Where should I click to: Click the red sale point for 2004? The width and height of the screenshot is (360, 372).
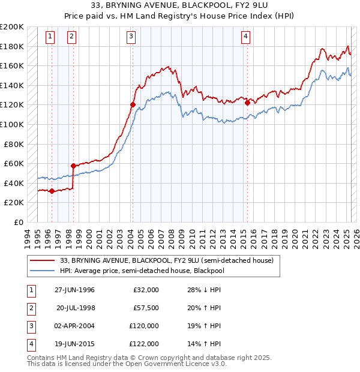click(133, 104)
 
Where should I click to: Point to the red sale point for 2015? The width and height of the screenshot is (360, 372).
click(247, 103)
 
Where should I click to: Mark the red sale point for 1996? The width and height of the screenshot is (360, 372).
click(52, 191)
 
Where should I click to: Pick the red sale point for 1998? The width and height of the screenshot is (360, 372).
click(73, 166)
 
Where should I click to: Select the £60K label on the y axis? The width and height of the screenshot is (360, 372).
click(14, 163)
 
